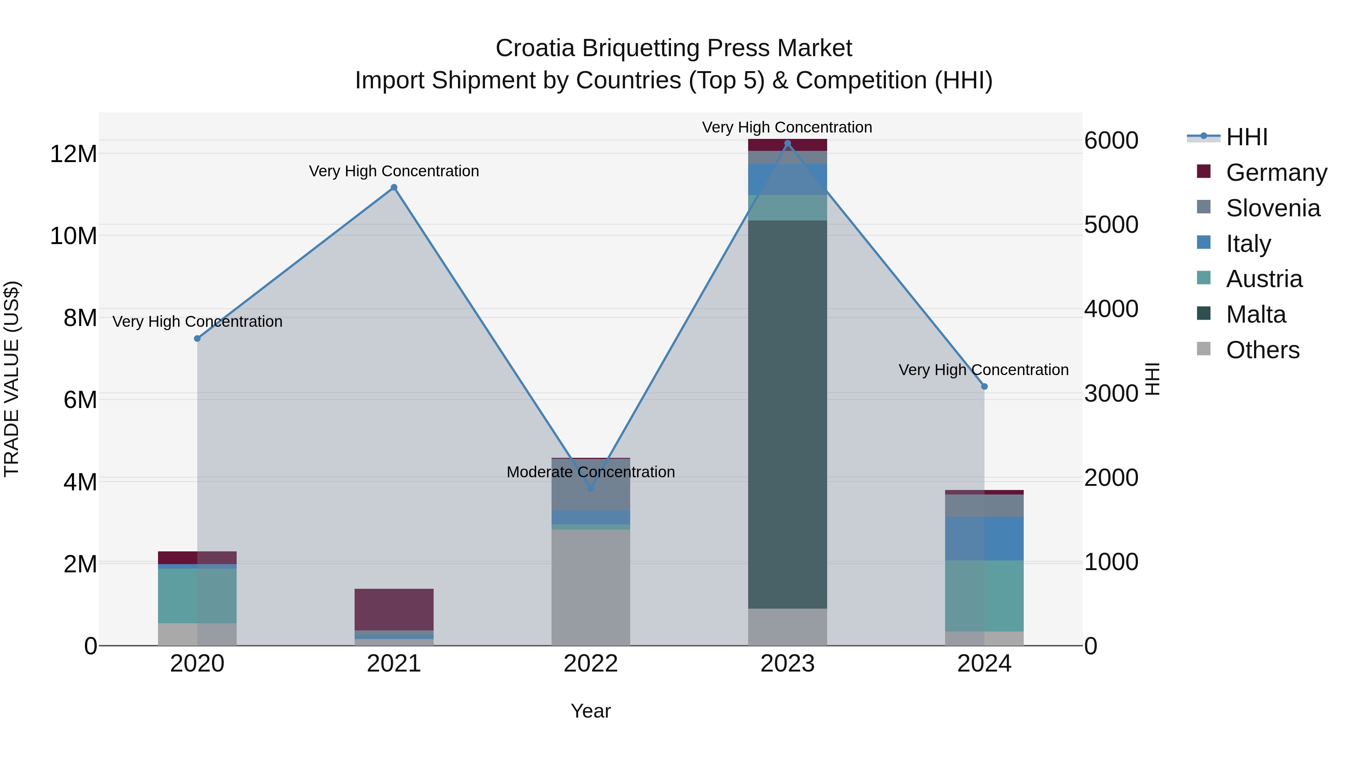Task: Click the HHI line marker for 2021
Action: point(394,188)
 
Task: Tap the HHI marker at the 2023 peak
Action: point(787,143)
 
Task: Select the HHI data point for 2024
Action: point(984,387)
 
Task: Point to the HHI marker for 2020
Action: point(197,338)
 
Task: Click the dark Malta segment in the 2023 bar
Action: point(787,413)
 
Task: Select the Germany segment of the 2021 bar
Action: point(394,609)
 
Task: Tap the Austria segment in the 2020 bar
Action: point(197,595)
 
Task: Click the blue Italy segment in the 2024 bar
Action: point(984,538)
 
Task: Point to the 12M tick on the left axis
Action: point(73,154)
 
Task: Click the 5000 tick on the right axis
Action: point(1111,225)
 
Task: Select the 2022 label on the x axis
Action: point(591,664)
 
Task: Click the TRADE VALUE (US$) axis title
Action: point(12,379)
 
